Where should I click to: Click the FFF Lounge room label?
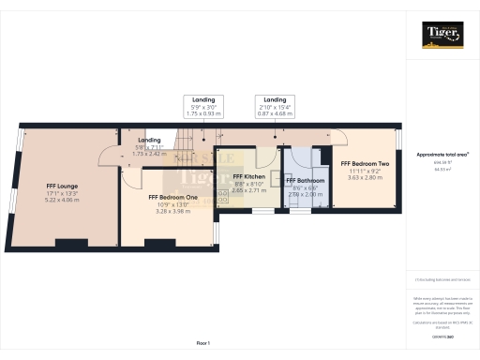[x=62, y=186]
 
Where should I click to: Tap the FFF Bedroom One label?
[x=172, y=197]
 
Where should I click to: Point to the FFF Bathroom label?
[x=307, y=180]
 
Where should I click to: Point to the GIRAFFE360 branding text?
[x=442, y=335]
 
